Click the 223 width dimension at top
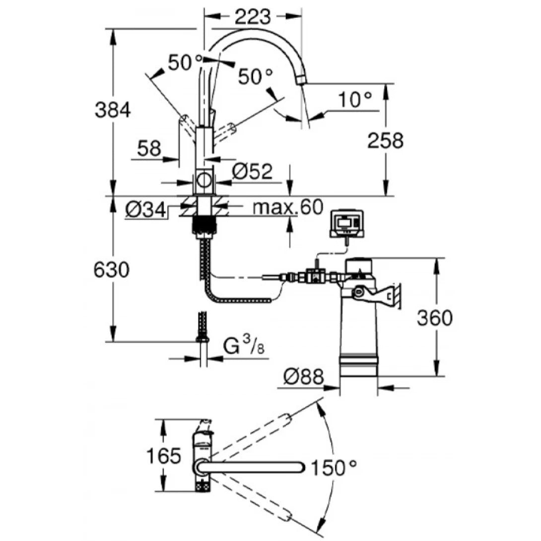pyautogui.click(x=253, y=17)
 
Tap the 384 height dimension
pyautogui.click(x=113, y=110)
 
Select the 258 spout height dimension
pyautogui.click(x=385, y=141)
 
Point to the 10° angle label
pyautogui.click(x=355, y=100)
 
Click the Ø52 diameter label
pyautogui.click(x=253, y=172)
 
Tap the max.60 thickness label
pyautogui.click(x=288, y=206)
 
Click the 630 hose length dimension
pyautogui.click(x=112, y=270)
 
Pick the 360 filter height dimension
pyautogui.click(x=434, y=318)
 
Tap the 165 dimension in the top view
pyautogui.click(x=163, y=455)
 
